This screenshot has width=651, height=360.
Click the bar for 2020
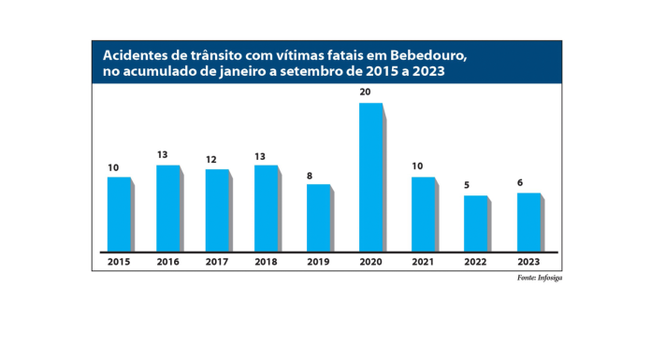pyautogui.click(x=371, y=176)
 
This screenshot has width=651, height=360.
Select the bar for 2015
pyautogui.click(x=119, y=213)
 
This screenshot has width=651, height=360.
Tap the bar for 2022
pyautogui.click(x=476, y=223)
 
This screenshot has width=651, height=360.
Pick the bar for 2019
pyautogui.click(x=319, y=217)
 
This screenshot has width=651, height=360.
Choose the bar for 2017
pyautogui.click(x=218, y=209)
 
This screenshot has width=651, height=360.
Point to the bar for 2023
pyautogui.click(x=528, y=222)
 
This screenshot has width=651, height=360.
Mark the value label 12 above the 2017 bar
pyautogui.click(x=212, y=160)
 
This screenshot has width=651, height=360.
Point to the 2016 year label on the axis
pyautogui.click(x=168, y=263)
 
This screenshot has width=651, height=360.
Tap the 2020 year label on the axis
pyautogui.click(x=371, y=263)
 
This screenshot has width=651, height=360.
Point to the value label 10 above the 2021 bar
pyautogui.click(x=418, y=166)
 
